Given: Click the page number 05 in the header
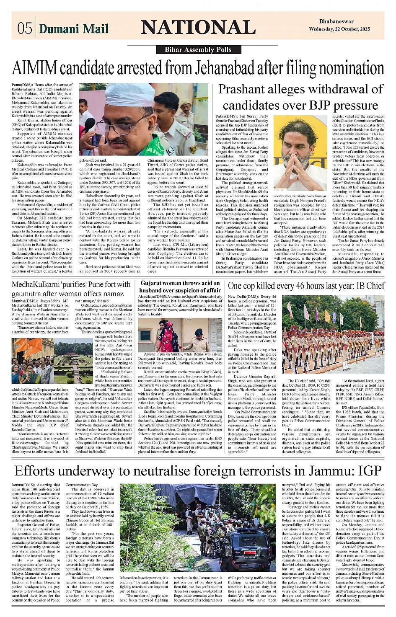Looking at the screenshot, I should point(24,28).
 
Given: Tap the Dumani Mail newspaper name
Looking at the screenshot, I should point(74,28).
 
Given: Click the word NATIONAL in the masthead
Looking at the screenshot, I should point(198,27).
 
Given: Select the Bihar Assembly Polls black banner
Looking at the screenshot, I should point(198,50).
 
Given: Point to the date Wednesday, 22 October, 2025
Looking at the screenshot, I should point(339,29).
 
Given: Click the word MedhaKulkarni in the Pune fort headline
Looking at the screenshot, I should point(39,285).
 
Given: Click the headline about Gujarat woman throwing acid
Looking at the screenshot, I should point(180,287).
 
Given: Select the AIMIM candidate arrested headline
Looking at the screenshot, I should point(198,68).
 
